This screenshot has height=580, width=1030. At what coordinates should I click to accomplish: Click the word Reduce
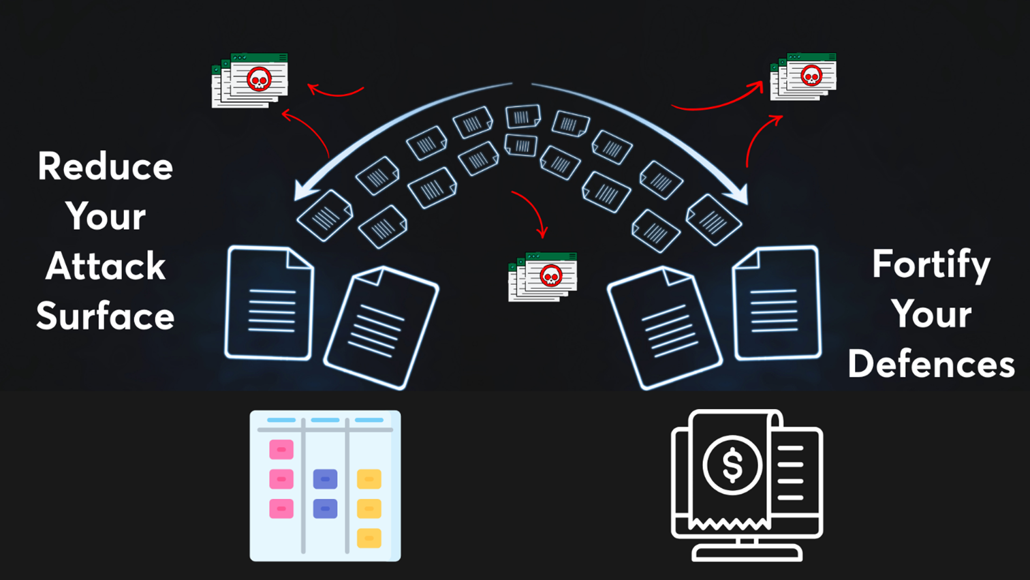click(x=106, y=166)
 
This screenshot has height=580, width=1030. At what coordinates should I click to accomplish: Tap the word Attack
click(x=106, y=266)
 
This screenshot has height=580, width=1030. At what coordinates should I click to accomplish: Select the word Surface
click(x=106, y=316)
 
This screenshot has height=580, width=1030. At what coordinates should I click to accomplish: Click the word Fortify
click(x=931, y=264)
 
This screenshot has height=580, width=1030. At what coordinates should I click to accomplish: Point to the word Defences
click(x=931, y=363)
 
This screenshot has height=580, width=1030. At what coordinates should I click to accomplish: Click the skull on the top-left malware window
click(x=259, y=79)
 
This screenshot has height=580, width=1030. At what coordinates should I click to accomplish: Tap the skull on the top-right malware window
click(x=811, y=76)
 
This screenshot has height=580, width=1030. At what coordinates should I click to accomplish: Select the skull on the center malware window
click(x=550, y=276)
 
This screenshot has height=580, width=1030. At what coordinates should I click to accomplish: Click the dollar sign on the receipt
click(x=732, y=465)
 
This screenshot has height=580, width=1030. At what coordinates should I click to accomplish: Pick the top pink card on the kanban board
click(x=281, y=450)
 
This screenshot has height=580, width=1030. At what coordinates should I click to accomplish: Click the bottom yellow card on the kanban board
click(x=369, y=538)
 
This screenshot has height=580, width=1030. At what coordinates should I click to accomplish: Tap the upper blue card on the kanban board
click(x=325, y=479)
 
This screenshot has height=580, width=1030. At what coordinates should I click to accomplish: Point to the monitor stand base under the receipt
click(x=747, y=553)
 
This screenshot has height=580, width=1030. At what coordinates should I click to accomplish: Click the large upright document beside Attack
click(x=269, y=303)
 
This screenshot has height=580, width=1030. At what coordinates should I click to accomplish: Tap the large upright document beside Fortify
click(x=777, y=303)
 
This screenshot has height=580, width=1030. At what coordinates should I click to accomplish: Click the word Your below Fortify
click(x=931, y=314)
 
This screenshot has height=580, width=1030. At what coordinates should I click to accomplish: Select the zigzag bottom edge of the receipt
click(x=729, y=524)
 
